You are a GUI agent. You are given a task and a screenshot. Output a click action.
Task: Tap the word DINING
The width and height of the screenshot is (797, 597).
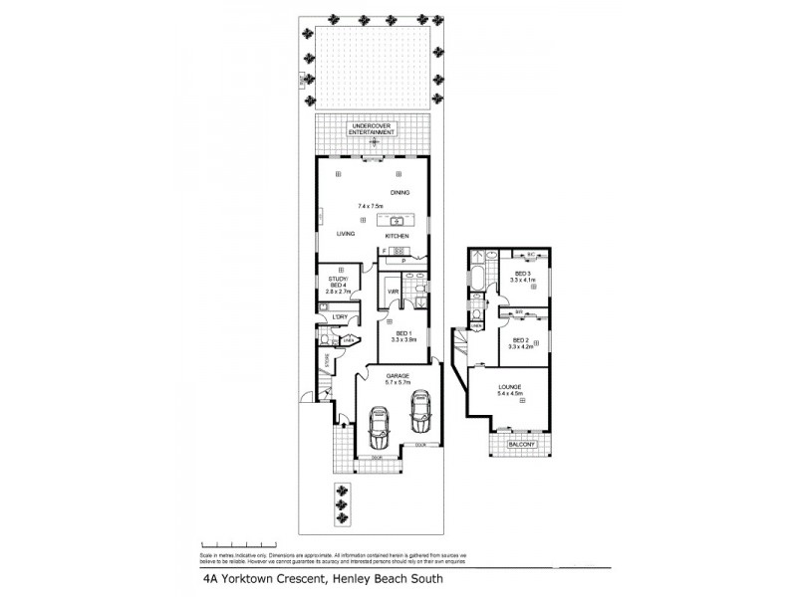400,192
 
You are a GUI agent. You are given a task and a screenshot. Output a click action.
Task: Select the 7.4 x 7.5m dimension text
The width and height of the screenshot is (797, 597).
370,206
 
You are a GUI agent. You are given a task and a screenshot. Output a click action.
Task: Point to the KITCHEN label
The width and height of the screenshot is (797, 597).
398,236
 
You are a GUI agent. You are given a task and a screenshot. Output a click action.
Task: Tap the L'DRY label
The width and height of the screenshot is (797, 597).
339,317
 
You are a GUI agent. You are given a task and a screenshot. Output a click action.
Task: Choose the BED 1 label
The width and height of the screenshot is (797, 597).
402,335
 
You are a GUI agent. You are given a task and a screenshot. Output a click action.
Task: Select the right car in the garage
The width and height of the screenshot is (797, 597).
420,407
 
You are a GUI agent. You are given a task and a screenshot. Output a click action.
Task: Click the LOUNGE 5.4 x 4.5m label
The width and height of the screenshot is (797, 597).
509,390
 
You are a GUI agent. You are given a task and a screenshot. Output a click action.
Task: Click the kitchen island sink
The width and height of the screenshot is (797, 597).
396,220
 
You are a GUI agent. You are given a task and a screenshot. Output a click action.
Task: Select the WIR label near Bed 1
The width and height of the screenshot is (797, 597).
394,292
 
